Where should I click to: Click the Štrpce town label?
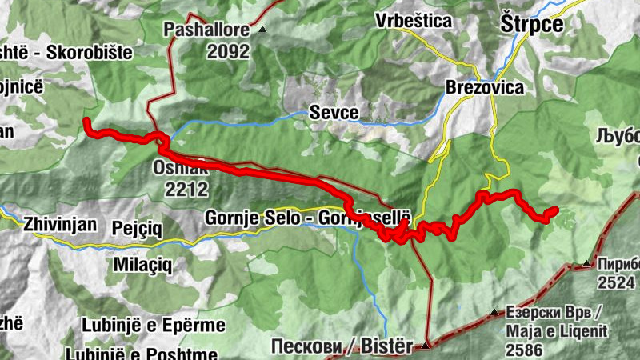531,23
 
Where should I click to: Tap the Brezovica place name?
485,87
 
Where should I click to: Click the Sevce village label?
334,113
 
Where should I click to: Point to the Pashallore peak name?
208,30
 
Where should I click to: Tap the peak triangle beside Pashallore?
262,30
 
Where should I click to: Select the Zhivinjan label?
61,223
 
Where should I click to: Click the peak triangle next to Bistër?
426,346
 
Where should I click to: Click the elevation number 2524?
616,282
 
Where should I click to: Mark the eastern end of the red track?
554,210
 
